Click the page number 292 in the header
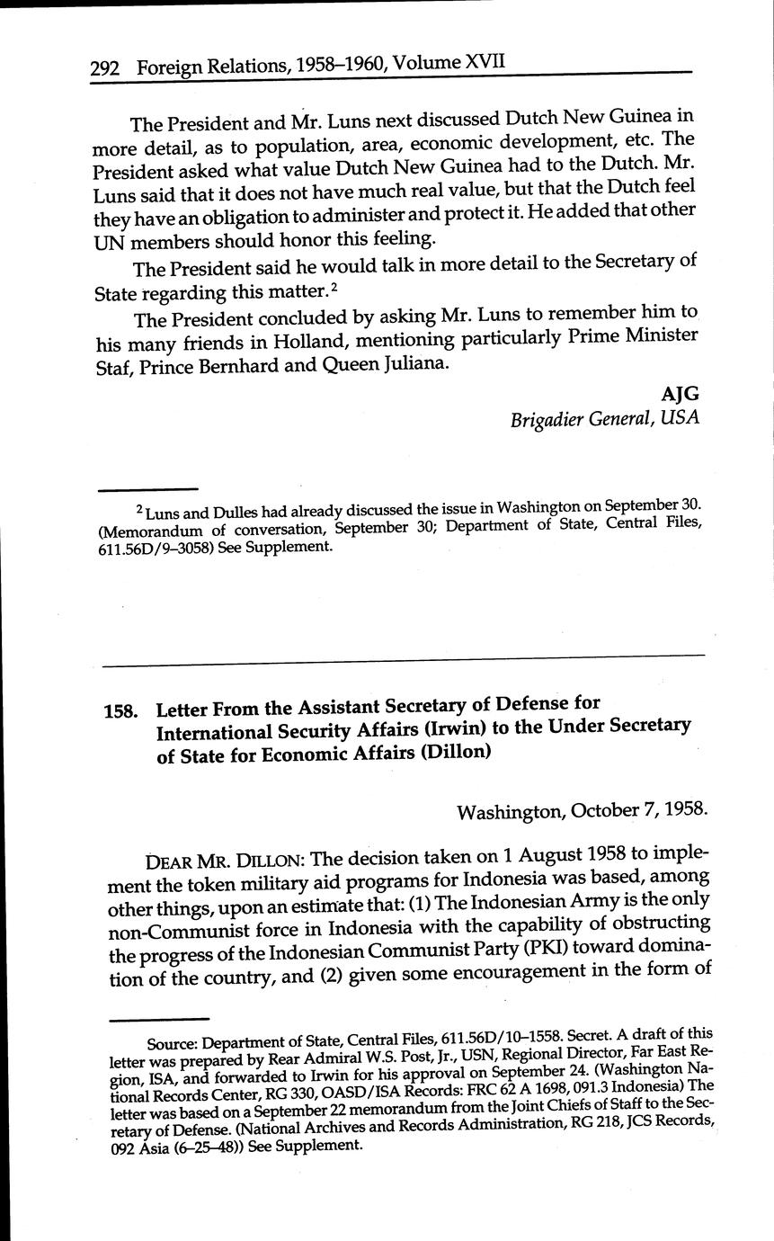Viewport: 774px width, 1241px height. pos(107,67)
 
